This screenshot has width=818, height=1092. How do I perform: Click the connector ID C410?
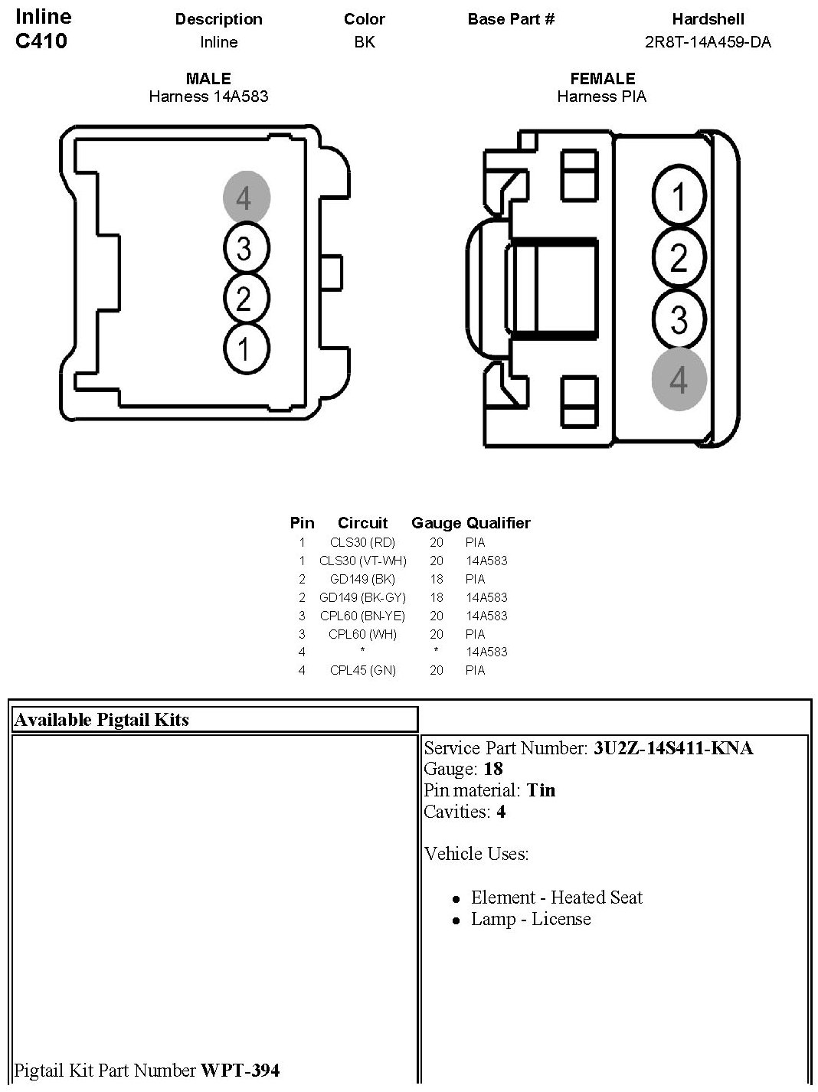[x=41, y=41]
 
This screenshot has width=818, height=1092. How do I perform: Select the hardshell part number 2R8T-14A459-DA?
[x=708, y=42]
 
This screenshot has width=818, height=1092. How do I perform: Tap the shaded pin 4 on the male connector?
[x=246, y=198]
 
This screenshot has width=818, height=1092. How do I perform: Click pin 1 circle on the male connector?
[x=246, y=349]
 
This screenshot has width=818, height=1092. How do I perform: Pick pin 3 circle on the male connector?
[x=246, y=248]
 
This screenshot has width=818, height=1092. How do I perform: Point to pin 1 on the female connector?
[x=679, y=197]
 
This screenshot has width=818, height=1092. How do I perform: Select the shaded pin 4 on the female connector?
[x=679, y=380]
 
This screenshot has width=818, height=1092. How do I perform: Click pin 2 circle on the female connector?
[x=679, y=258]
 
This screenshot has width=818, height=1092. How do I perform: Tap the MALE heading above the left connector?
[x=208, y=79]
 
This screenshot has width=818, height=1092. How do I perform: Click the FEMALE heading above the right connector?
[x=602, y=79]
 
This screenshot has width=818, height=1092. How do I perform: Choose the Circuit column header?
[x=362, y=523]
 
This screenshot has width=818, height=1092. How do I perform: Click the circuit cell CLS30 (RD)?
[x=362, y=542]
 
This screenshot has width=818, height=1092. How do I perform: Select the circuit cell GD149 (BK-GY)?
[x=362, y=597]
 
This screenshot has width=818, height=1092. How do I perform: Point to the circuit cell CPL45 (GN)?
[x=362, y=670]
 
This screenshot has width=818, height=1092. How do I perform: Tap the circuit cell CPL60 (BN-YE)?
[x=362, y=616]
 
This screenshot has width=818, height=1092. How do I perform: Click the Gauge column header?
[x=436, y=523]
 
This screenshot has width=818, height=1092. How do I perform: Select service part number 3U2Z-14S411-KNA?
[x=672, y=748]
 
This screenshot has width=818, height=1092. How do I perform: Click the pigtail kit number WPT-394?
[x=240, y=1070]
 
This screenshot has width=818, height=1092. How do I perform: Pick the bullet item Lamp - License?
[x=530, y=919]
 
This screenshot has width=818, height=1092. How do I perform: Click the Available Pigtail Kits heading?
[x=101, y=720]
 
